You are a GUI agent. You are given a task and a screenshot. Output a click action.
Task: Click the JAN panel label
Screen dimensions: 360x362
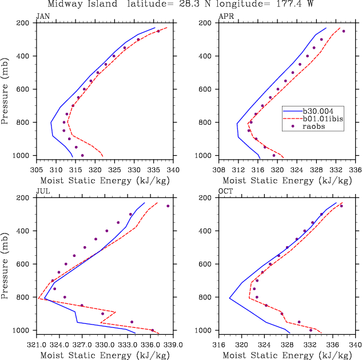42,17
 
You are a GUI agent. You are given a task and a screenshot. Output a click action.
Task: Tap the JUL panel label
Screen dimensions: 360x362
42,192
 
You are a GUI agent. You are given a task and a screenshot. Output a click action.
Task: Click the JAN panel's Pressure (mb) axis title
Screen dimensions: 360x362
6,90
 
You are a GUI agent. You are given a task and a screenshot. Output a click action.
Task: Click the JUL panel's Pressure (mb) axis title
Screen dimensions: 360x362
6,264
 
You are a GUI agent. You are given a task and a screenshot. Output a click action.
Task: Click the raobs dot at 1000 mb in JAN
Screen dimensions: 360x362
82,155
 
